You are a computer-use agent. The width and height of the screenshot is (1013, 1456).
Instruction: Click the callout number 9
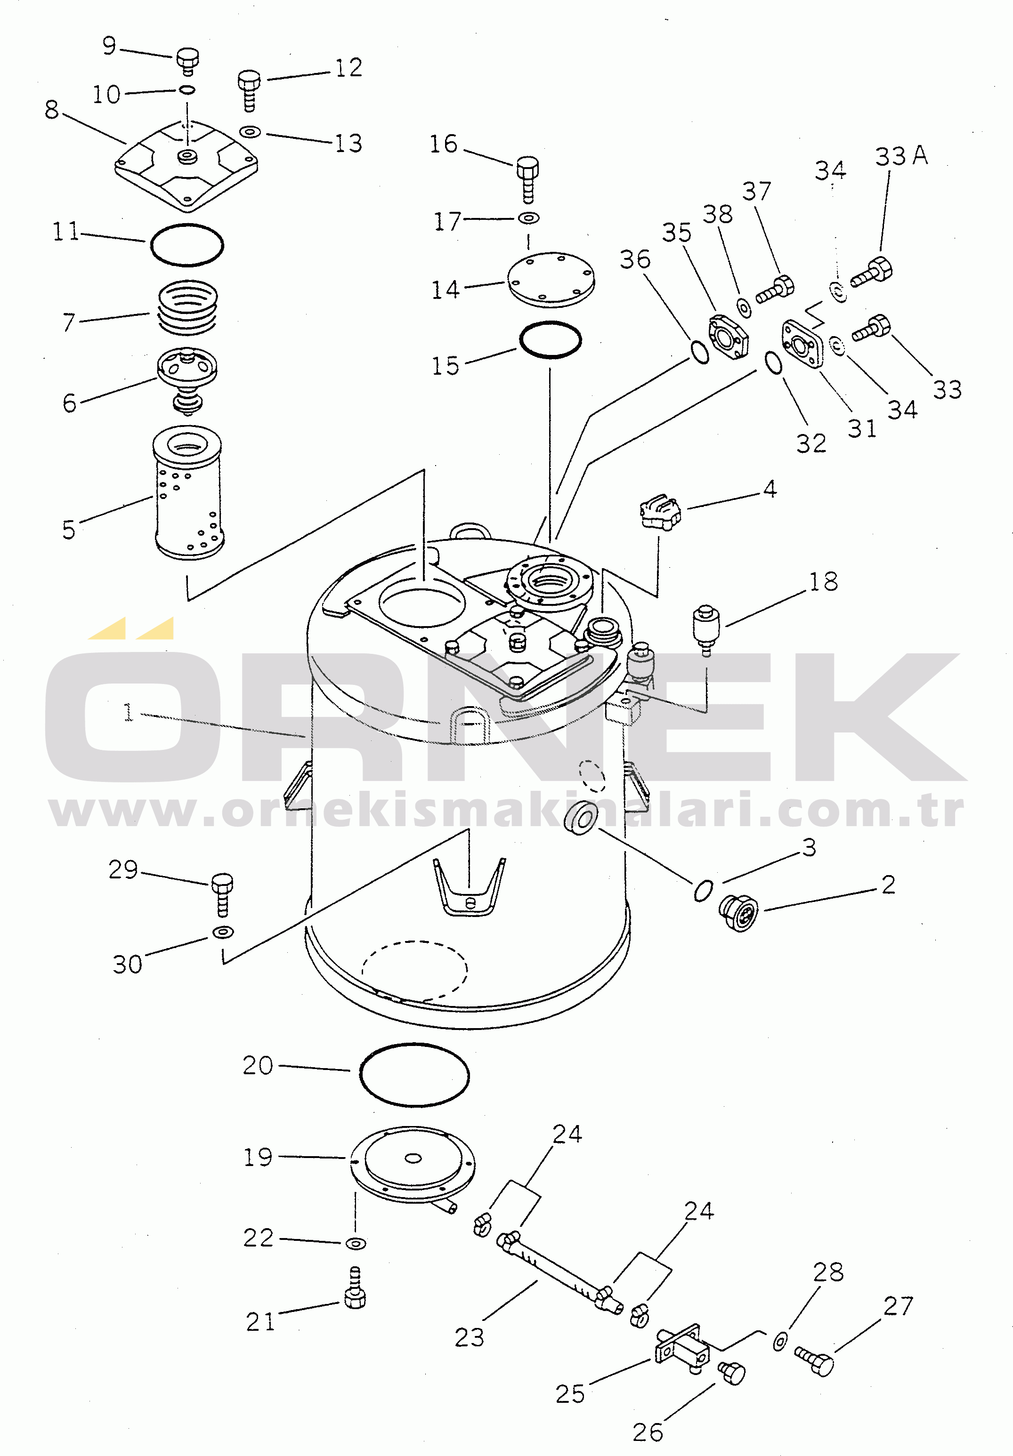click(109, 46)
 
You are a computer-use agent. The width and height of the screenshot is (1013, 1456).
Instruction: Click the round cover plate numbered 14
click(551, 280)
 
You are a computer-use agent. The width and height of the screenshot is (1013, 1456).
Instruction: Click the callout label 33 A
click(901, 156)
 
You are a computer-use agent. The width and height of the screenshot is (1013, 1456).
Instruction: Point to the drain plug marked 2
click(737, 914)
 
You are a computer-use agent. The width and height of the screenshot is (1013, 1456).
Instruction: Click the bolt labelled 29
click(221, 894)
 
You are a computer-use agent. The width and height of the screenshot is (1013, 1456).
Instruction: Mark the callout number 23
click(470, 1337)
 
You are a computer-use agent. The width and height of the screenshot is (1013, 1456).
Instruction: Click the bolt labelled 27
click(814, 1361)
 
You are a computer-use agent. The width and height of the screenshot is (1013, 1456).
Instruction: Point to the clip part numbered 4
click(660, 511)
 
